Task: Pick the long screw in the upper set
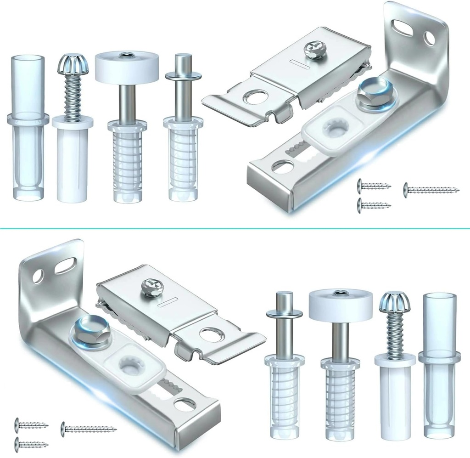coord(431,189)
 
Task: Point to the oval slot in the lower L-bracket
coord(66,265)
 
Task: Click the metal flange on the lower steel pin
coord(284,314)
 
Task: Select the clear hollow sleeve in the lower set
coord(439,368)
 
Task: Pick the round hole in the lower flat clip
coord(212,334)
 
